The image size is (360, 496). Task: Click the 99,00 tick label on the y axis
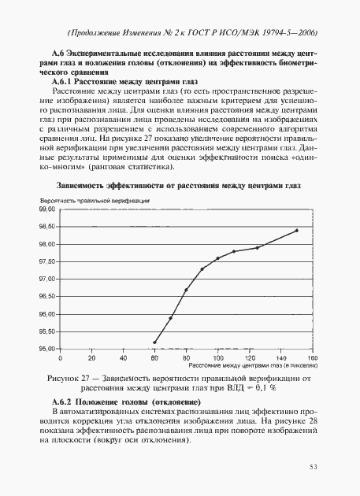(47, 210)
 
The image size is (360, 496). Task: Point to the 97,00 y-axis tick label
(47, 279)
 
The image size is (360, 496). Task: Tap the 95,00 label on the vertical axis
(47, 349)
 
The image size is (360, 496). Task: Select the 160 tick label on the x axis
(312, 357)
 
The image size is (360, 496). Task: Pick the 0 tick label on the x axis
(60, 357)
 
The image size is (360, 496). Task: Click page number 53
(312, 468)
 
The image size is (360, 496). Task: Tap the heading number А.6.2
(65, 402)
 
